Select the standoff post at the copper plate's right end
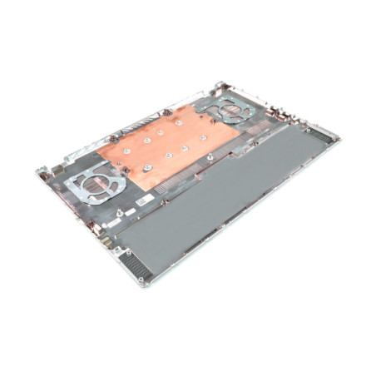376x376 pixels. (x=212, y=156)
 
